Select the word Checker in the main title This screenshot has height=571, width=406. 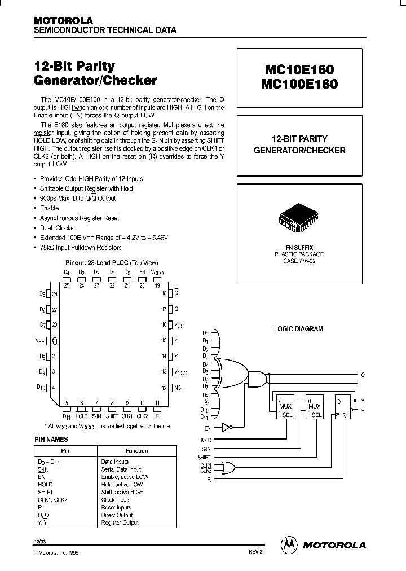click(130, 81)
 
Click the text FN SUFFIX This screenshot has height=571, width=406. click(299, 247)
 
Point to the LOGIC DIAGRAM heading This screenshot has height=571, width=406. click(298, 329)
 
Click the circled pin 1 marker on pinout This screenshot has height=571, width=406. click(55, 341)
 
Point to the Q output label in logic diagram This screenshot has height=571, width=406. click(363, 375)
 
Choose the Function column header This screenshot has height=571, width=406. click(136, 451)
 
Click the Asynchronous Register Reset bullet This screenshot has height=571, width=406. click(79, 218)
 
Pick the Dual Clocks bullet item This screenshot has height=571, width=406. click(56, 228)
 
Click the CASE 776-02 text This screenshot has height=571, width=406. click(299, 261)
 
